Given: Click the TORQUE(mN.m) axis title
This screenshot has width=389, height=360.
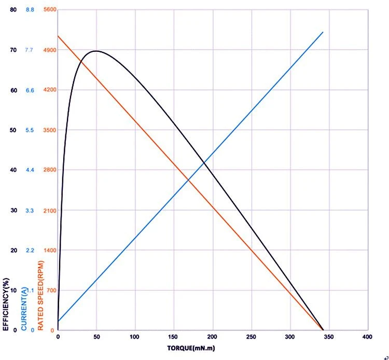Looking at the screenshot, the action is click(x=191, y=348).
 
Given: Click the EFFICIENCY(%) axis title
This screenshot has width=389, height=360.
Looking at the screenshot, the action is click(x=6, y=304).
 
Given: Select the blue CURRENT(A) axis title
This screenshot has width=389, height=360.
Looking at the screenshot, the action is click(x=24, y=309).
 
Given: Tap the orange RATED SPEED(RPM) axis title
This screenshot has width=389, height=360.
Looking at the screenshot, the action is click(x=40, y=296).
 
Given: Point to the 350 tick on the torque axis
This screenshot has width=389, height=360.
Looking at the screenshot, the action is click(x=329, y=337).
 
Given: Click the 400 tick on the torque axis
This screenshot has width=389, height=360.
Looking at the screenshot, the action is click(x=367, y=337).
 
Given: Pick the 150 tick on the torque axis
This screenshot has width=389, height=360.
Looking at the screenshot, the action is click(x=173, y=337).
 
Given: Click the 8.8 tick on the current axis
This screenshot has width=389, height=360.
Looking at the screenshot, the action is click(x=30, y=10).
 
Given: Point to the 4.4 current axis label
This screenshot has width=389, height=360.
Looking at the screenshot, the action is click(x=30, y=170).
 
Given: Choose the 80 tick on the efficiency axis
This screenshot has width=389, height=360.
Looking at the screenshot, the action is click(x=13, y=10).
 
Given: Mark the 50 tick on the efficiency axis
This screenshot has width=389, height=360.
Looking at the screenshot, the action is click(x=13, y=130).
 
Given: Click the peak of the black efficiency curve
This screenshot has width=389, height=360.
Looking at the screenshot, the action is click(x=96, y=51).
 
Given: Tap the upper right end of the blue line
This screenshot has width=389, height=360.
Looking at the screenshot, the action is click(x=323, y=32).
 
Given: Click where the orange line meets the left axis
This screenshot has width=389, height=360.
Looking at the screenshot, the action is click(x=58, y=36).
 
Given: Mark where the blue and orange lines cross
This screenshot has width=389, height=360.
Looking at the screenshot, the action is click(x=189, y=180).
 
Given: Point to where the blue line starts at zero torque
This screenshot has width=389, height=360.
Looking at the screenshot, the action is click(x=58, y=321).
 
